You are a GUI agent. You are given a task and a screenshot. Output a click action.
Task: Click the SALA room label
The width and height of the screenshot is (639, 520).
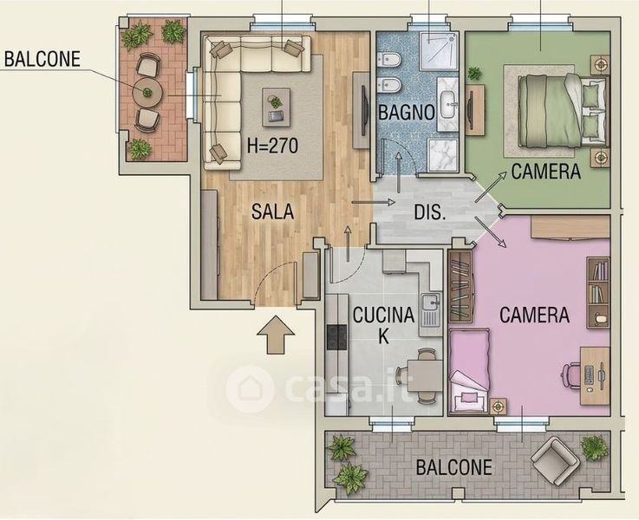pos(272,211)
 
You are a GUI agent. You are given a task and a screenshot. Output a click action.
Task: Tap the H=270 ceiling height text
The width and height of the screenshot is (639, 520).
pos(272,146)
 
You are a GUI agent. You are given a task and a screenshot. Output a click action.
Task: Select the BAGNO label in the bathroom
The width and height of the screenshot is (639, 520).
pos(406,112)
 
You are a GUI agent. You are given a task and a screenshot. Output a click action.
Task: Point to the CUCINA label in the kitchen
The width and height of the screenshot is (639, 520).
pos(383,315)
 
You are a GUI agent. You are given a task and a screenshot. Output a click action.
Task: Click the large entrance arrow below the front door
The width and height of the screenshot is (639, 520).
pos(276,335)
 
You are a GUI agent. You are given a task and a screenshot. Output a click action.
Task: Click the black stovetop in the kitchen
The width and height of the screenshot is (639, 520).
pos(336,338)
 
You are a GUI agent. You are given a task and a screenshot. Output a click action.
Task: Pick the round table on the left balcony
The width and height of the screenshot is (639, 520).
pos(147,93)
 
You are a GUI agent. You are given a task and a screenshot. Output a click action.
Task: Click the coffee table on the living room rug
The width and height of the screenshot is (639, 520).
pos(277,107)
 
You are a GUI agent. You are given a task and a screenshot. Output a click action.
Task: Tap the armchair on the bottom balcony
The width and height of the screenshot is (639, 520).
pos(555,461)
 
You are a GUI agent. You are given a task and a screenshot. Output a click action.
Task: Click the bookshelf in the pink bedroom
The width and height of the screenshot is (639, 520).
pos(598,292)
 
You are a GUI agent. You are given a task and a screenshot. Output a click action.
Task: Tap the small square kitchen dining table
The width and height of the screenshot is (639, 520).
pos(426,375)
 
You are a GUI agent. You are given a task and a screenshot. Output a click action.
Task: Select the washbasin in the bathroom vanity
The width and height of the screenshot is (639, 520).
pos(448,103)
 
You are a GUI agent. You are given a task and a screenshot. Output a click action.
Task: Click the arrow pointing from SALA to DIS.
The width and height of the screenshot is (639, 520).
pos(374,202)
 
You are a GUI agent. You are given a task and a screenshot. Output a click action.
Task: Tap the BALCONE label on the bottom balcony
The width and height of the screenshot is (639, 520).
pos(454,467)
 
